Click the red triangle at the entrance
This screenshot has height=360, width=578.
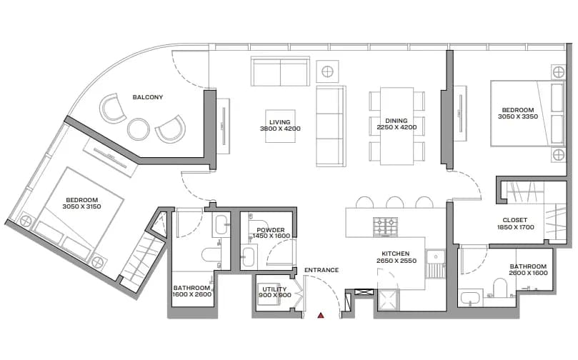[x=321, y=316]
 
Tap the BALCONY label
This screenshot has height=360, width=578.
[x=148, y=97]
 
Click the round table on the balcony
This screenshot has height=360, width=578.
[x=139, y=129]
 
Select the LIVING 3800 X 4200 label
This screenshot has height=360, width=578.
[x=280, y=126]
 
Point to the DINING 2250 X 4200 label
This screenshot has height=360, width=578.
[x=397, y=124]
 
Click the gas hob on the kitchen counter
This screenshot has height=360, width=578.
[x=385, y=226]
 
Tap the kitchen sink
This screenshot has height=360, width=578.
[x=436, y=264]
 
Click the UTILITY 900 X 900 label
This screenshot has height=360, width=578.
[x=274, y=292]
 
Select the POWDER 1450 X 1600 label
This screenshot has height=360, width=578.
[x=271, y=233]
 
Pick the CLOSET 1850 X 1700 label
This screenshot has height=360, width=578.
[x=515, y=224]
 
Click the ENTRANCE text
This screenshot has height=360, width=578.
[x=322, y=270]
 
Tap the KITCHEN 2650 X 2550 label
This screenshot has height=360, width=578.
[x=397, y=257]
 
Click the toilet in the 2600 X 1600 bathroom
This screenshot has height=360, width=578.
[x=500, y=288]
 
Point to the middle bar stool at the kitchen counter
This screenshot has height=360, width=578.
[x=394, y=202]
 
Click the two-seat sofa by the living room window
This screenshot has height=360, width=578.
[x=280, y=71]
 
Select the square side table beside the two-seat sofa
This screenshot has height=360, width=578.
[x=327, y=71]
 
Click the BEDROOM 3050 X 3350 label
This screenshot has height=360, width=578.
[x=518, y=113]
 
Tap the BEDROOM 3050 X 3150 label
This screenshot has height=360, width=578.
[x=82, y=203]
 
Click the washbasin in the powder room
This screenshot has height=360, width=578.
[x=248, y=257]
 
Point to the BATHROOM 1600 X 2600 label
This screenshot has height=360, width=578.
[x=191, y=291]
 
